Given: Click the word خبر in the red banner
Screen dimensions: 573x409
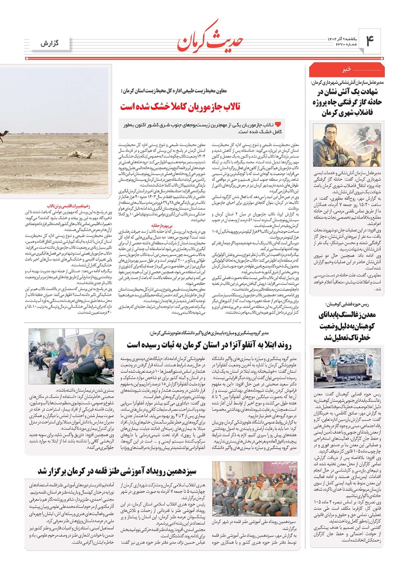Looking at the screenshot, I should tap(346, 69).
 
